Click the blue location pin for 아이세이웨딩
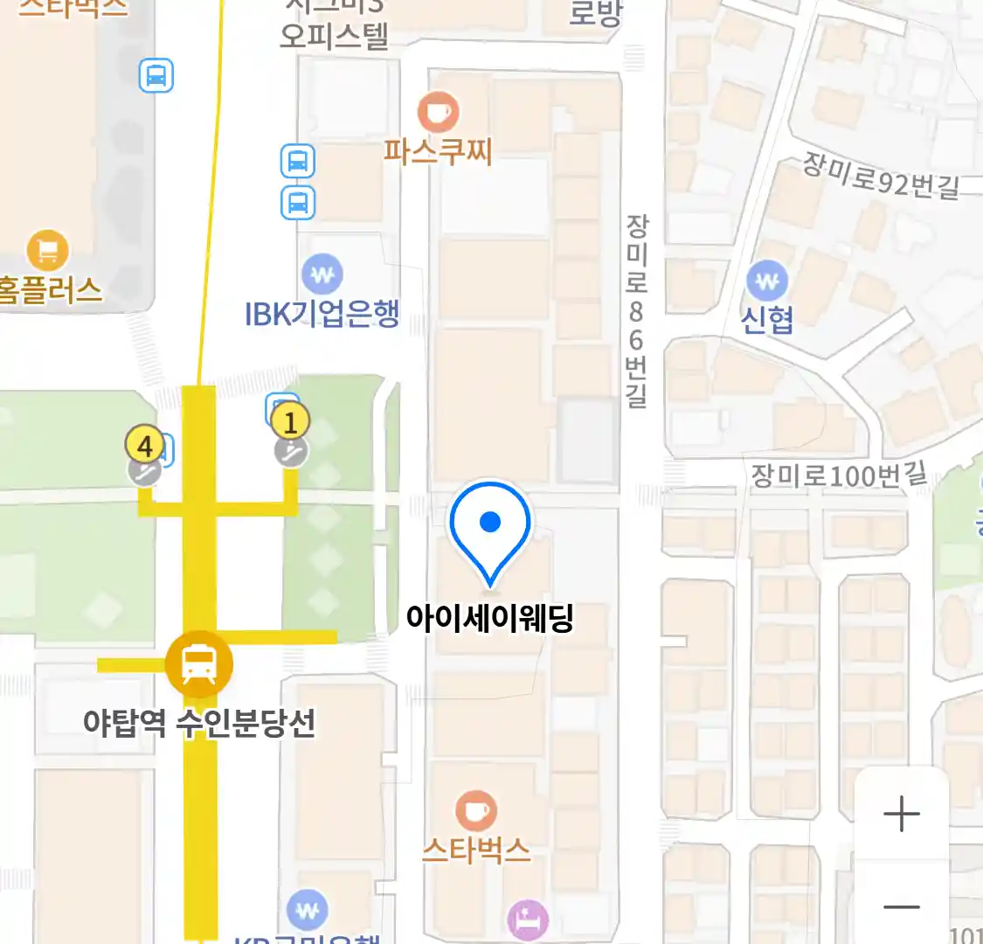(490, 525)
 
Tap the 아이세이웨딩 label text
(489, 618)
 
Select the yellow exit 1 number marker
(290, 422)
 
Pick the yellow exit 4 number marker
(145, 446)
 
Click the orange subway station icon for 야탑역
(199, 664)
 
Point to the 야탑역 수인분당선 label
(199, 723)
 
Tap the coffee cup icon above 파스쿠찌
(438, 112)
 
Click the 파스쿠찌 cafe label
(438, 151)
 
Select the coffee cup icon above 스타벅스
(476, 812)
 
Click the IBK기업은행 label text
(322, 313)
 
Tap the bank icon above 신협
(767, 281)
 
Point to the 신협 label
(767, 320)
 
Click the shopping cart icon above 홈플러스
(47, 252)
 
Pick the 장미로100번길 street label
(839, 475)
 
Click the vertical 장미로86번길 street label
(636, 311)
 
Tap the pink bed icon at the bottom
(529, 920)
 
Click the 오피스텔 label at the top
(334, 37)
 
